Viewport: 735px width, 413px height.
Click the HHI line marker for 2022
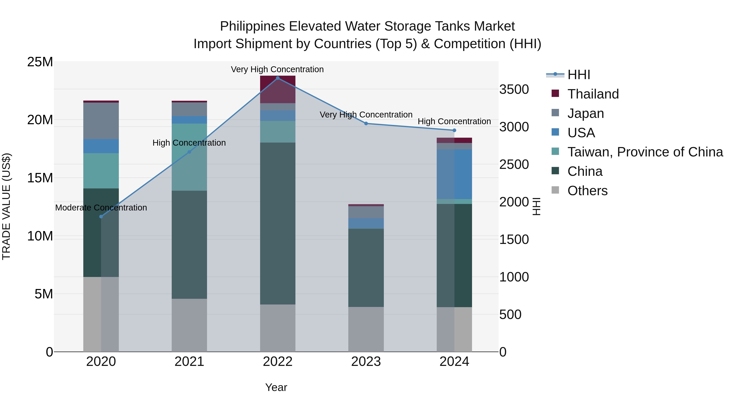tap(278, 78)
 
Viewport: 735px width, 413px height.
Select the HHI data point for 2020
tap(101, 217)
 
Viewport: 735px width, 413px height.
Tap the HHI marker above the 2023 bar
tap(366, 123)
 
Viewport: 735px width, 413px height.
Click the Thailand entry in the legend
tap(593, 94)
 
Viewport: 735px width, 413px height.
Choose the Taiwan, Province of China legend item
tap(645, 152)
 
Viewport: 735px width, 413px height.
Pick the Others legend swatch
tap(555, 190)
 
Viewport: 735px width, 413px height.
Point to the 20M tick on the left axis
tap(40, 120)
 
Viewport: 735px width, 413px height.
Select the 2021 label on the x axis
tap(189, 362)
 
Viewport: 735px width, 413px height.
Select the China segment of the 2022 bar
tap(278, 224)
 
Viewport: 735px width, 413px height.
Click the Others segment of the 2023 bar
tap(366, 329)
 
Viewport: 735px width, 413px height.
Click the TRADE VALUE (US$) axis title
tap(6, 206)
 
